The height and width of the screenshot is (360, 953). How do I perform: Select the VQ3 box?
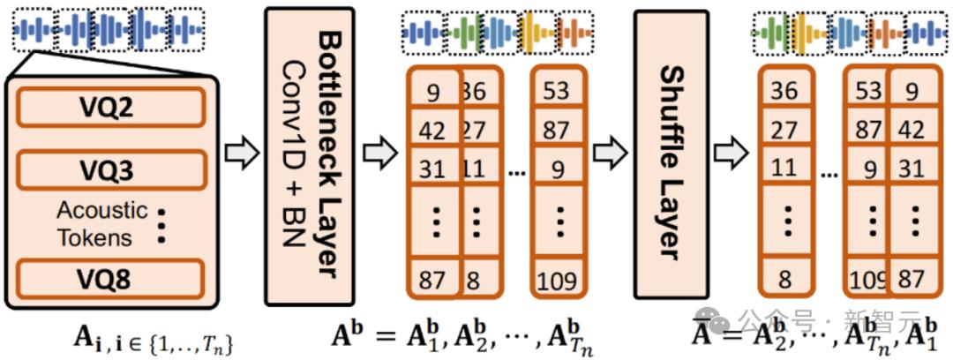110,169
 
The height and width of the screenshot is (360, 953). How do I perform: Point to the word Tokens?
94,236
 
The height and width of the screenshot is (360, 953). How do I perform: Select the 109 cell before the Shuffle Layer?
557,281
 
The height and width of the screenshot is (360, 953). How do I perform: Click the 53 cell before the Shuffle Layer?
557,90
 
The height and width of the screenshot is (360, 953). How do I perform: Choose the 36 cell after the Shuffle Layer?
784,90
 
